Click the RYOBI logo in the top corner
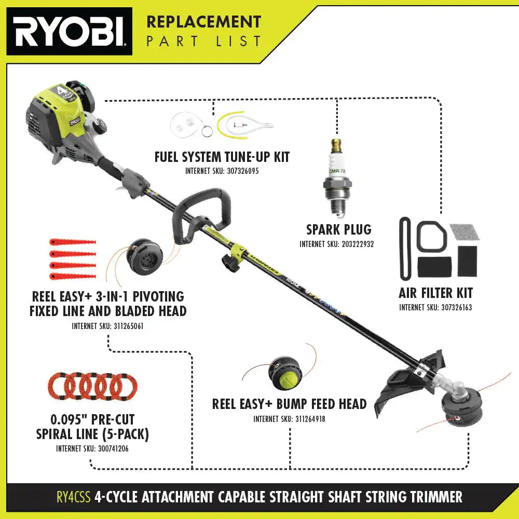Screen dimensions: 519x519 tap(69, 31)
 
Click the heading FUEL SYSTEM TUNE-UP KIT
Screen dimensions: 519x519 tap(222, 157)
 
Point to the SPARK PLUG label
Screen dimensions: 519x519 tap(338, 229)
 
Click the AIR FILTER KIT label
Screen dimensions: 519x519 tap(435, 293)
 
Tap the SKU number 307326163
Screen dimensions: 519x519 tap(454, 307)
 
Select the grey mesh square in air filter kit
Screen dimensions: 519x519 tap(465, 232)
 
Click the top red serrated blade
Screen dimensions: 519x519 tap(73, 242)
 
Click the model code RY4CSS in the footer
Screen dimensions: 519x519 tap(74, 497)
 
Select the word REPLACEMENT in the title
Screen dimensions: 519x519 tap(203, 22)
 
